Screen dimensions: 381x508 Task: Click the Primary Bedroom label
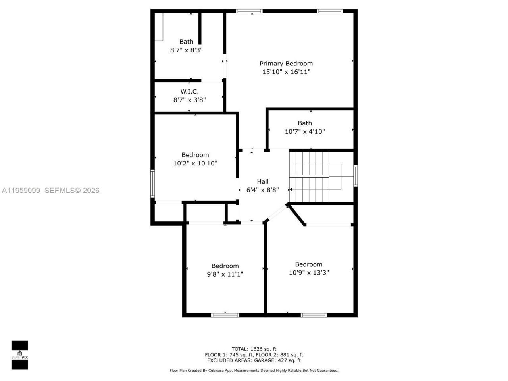click(x=286, y=63)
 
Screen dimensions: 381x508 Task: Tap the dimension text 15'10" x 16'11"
click(x=286, y=72)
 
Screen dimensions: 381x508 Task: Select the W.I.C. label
click(x=189, y=92)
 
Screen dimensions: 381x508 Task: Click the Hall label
click(x=262, y=181)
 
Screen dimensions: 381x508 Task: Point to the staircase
click(x=314, y=177)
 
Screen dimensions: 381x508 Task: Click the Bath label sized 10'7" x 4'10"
click(x=304, y=123)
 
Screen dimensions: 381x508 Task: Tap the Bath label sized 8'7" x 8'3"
click(x=186, y=42)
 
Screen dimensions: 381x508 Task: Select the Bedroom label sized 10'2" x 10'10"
click(x=195, y=155)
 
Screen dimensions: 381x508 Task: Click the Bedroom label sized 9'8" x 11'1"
click(x=225, y=266)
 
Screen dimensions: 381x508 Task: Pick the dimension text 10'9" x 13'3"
click(x=308, y=273)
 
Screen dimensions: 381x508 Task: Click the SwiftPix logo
click(x=19, y=354)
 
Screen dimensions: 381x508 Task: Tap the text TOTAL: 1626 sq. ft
click(x=254, y=349)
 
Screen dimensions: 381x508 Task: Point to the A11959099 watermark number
click(x=21, y=190)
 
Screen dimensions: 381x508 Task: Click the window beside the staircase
click(x=356, y=176)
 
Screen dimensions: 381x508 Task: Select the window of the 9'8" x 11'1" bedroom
click(x=225, y=315)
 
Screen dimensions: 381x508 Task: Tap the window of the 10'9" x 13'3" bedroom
click(x=314, y=315)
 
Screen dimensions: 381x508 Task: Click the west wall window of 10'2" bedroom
click(x=152, y=183)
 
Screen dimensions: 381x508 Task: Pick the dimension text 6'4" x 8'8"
click(x=262, y=190)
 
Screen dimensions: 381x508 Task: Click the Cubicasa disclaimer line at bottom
click(x=254, y=371)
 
